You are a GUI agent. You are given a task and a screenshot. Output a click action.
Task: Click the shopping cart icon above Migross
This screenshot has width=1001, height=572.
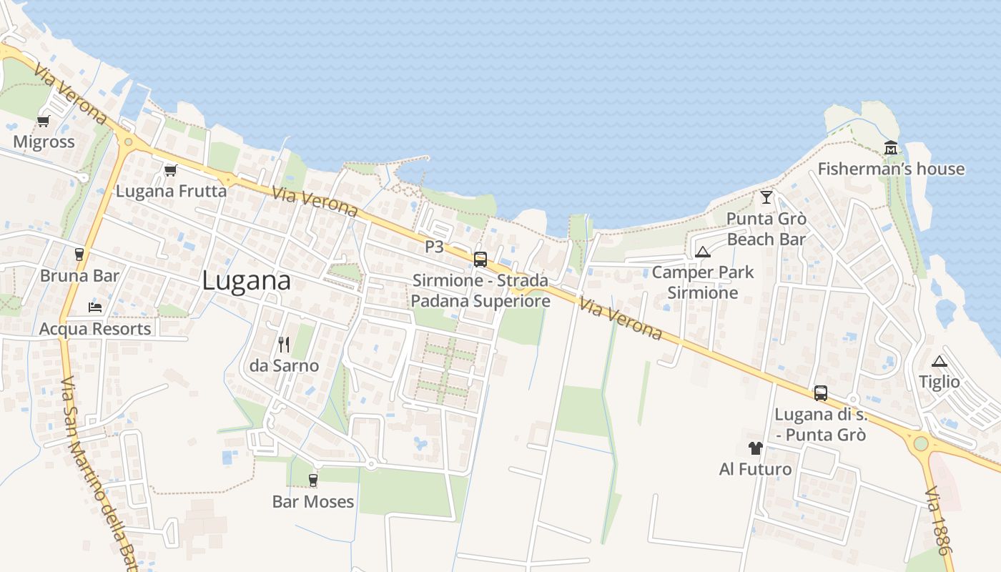point(44,121)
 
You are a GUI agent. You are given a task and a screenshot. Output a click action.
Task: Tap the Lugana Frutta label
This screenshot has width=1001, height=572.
point(171,191)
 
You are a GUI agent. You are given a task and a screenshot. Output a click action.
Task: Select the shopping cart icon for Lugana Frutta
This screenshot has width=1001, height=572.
point(170,170)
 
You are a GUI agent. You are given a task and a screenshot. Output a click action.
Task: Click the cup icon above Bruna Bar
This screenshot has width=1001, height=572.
point(79,254)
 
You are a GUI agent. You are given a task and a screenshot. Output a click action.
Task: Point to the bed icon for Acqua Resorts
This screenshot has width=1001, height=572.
point(95,307)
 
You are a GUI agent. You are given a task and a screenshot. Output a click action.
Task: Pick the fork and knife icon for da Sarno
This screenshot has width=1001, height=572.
point(284,345)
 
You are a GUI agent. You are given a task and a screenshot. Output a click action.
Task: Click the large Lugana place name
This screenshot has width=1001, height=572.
point(246,280)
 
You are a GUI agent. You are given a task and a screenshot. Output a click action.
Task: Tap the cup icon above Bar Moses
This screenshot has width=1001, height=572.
point(312,480)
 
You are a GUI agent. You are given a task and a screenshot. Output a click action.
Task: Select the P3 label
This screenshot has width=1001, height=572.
point(435,247)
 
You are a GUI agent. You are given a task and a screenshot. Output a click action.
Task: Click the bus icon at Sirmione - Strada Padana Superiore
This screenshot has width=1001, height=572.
point(480,260)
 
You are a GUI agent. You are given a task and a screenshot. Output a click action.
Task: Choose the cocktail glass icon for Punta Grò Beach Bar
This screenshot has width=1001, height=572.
point(766,197)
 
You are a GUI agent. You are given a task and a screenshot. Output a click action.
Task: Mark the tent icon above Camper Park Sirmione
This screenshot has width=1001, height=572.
point(703,251)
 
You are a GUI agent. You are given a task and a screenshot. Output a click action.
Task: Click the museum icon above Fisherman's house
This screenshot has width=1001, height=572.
point(891,148)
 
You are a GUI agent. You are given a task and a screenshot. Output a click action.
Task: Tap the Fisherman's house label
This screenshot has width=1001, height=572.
point(891,169)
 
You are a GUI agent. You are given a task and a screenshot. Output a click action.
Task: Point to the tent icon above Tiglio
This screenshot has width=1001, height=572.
point(940,361)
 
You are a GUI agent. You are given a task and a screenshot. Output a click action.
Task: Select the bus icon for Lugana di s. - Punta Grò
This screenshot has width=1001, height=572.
point(821,393)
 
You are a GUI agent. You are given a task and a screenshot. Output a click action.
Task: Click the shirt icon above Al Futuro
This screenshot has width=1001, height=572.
point(755,448)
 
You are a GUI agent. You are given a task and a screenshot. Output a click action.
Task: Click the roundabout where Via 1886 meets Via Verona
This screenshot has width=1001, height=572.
point(921,443)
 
